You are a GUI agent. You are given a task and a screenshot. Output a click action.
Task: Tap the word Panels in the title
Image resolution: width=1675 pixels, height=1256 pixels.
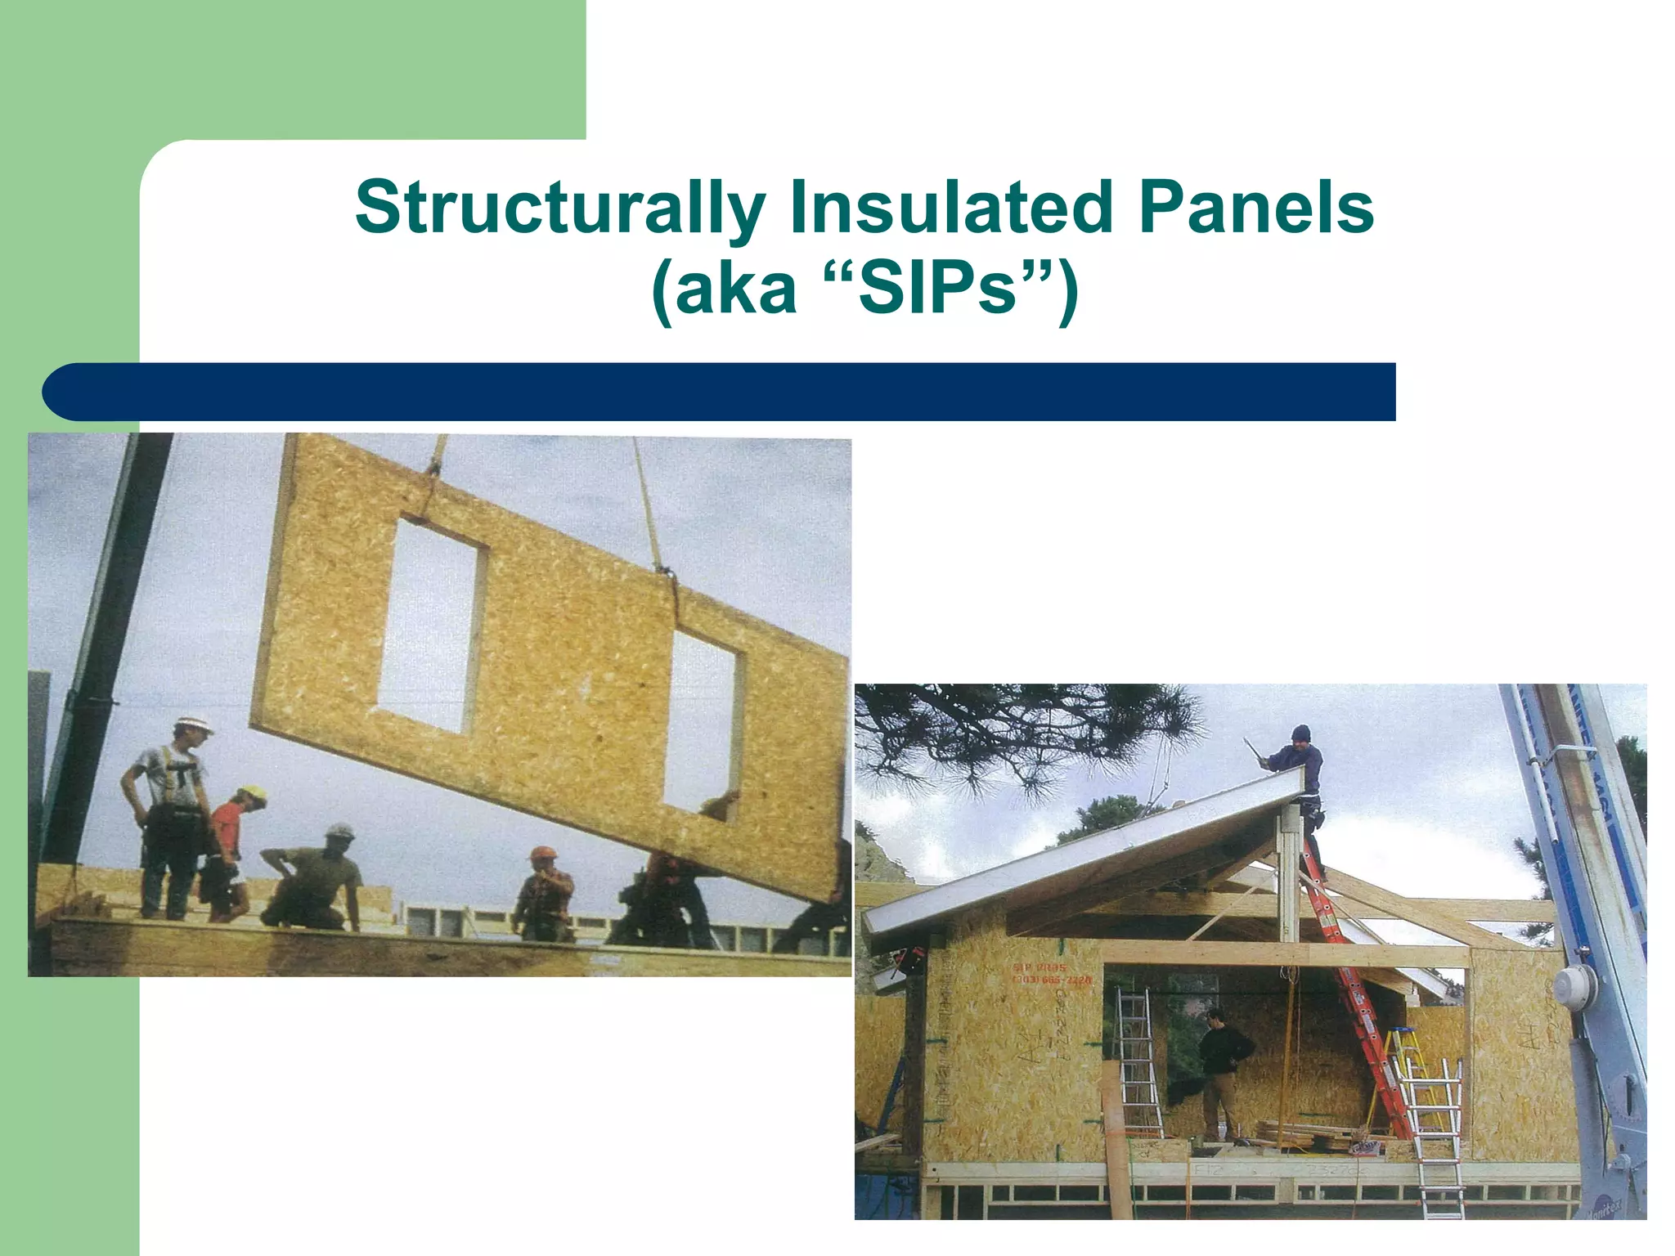click(1255, 209)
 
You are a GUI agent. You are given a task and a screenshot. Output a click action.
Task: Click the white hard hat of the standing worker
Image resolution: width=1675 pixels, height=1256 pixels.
click(194, 725)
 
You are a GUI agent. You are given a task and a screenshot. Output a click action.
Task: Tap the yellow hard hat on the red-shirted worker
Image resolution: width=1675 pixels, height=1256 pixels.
click(253, 794)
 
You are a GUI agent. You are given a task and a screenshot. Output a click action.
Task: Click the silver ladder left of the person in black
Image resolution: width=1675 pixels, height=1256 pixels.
click(1137, 1063)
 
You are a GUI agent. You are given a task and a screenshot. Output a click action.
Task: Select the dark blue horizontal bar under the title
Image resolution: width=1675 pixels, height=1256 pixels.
click(720, 392)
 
